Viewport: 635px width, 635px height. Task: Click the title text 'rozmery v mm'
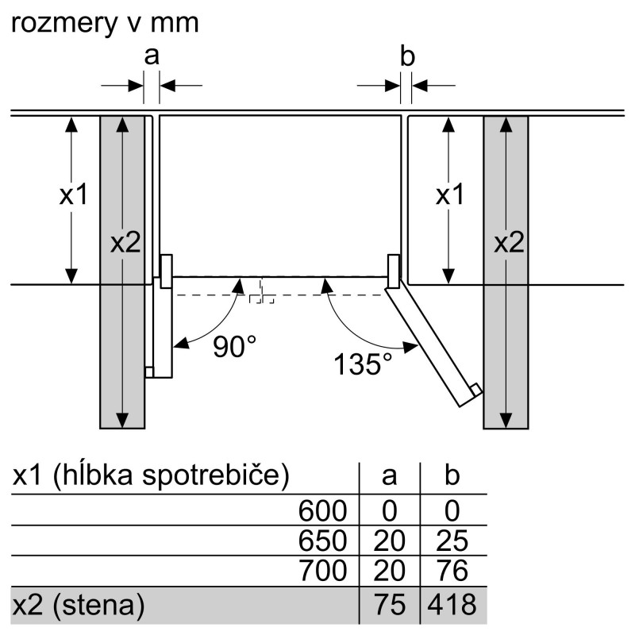(x=105, y=23)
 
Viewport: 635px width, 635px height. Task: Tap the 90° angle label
(x=234, y=347)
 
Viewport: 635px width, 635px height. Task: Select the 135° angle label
(x=363, y=364)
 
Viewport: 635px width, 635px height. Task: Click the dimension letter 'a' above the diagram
(x=152, y=56)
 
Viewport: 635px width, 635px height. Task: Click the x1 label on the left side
(x=73, y=194)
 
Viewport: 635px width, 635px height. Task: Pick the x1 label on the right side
(x=449, y=194)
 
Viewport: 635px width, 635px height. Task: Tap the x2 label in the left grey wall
(x=125, y=243)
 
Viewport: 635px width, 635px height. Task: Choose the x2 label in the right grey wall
(x=509, y=243)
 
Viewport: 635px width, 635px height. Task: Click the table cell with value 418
(x=452, y=605)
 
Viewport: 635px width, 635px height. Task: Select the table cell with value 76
(x=452, y=570)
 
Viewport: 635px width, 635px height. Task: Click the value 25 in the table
(x=452, y=541)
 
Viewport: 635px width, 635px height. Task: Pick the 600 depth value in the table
(x=323, y=510)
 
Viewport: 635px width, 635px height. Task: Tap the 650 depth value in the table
(x=323, y=541)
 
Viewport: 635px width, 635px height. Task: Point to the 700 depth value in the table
(x=323, y=570)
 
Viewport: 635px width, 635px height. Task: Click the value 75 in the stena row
(x=390, y=605)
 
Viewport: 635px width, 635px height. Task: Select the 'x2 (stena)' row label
(x=79, y=605)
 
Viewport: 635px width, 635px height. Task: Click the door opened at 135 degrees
(x=433, y=344)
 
